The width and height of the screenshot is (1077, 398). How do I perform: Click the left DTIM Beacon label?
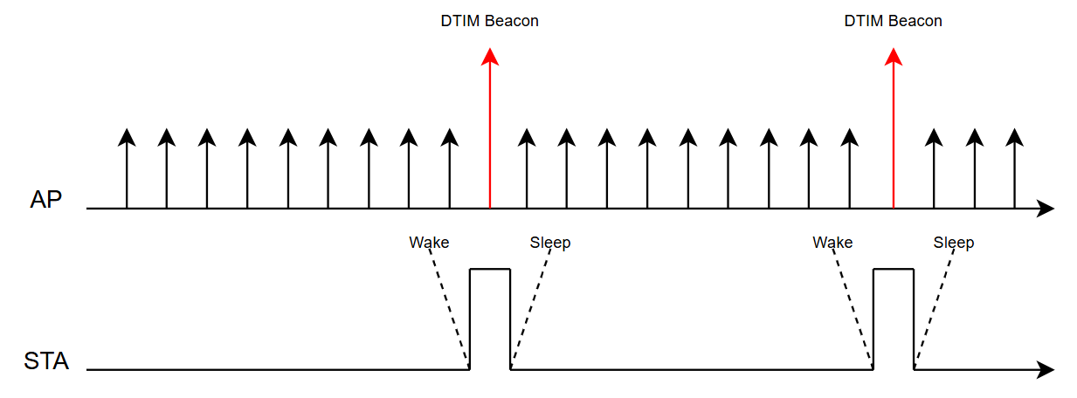coord(489,21)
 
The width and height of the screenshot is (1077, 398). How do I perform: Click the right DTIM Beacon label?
coord(893,21)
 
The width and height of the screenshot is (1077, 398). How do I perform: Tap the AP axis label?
coord(46,200)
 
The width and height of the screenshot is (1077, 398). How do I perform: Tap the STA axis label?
coord(46,361)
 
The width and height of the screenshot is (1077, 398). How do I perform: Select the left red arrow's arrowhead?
coord(490,57)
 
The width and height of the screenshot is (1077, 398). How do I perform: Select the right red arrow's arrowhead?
coord(894,57)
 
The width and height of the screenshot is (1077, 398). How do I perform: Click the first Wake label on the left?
coord(429,243)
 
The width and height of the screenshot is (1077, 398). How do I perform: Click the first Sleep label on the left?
coord(550,243)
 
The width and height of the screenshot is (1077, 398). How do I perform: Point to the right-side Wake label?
coord(832,243)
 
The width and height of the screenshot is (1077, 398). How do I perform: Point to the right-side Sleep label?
coord(954,243)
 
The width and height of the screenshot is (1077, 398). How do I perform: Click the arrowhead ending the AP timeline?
coord(1046,209)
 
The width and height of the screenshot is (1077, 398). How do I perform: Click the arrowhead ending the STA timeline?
coord(1046,370)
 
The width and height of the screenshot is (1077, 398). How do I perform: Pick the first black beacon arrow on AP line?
coord(127,168)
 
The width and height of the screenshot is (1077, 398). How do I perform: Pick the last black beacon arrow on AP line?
coord(1014,168)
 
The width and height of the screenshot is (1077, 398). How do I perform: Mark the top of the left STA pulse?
coord(490,269)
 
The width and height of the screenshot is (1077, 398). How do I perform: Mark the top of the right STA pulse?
coord(894,269)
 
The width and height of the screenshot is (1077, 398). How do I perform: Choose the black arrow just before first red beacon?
coord(450,168)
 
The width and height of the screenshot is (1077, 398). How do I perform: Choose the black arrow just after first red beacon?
coord(527,168)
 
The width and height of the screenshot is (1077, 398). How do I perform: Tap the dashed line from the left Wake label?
coord(448,305)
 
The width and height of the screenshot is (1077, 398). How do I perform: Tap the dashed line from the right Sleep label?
coord(935,305)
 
